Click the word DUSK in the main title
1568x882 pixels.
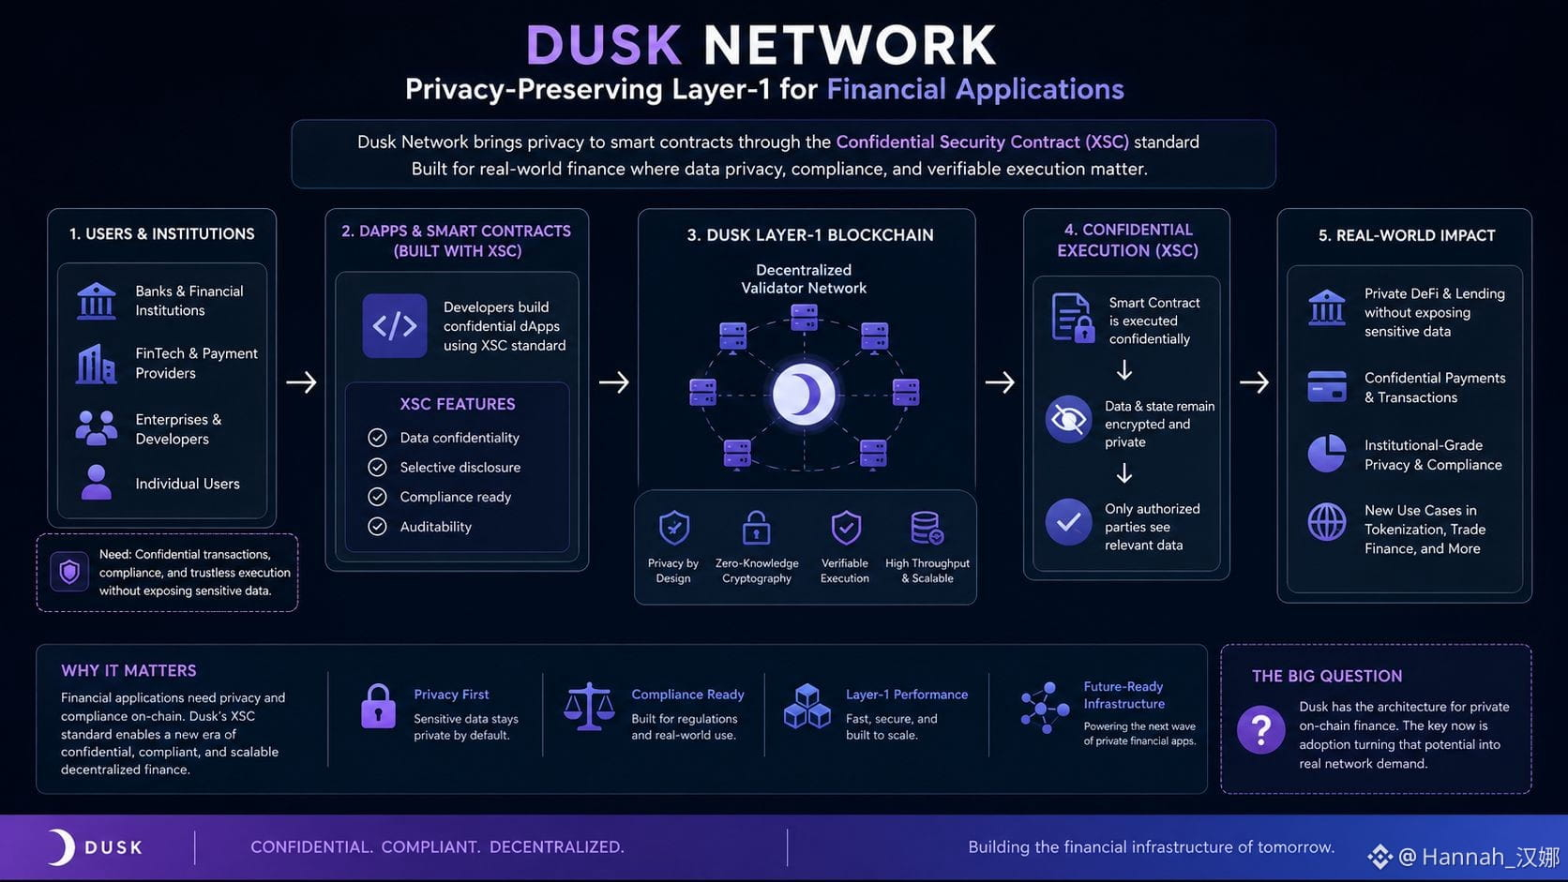(x=603, y=46)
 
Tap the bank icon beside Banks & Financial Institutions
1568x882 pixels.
(x=96, y=301)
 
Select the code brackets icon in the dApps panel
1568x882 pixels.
(x=395, y=326)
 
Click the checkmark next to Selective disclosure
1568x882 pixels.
(x=377, y=467)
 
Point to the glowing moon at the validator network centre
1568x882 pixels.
(x=804, y=395)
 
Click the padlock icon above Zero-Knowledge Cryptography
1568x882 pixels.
(x=756, y=528)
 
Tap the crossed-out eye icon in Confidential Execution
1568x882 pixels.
(x=1068, y=420)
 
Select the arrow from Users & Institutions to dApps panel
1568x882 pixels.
(x=301, y=381)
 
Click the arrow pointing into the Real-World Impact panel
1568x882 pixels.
(x=1254, y=381)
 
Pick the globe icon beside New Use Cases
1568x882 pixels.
(x=1326, y=522)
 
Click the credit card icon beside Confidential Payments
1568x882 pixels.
(x=1326, y=386)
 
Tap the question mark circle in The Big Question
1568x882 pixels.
(x=1260, y=729)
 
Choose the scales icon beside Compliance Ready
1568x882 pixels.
(x=589, y=707)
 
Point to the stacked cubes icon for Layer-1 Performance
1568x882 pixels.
(x=807, y=707)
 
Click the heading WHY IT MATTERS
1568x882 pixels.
(x=128, y=671)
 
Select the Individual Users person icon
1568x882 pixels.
(x=96, y=483)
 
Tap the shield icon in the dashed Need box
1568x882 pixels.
(x=69, y=572)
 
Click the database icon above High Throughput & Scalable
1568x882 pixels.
(x=927, y=528)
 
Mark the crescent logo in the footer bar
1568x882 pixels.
(x=63, y=847)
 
